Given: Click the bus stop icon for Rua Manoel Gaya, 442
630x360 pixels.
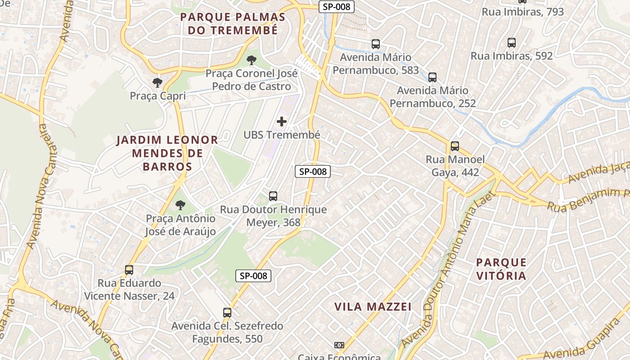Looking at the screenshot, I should pyautogui.click(x=455, y=146).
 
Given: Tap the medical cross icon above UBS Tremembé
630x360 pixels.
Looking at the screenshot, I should pyautogui.click(x=282, y=121).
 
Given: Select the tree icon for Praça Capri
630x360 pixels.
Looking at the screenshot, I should pyautogui.click(x=157, y=82).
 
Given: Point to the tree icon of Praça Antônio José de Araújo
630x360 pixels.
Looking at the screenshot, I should pyautogui.click(x=180, y=205).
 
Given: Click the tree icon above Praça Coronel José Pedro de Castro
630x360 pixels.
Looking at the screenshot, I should pyautogui.click(x=252, y=60).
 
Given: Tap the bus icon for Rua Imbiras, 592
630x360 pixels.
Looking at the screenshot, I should pyautogui.click(x=512, y=43).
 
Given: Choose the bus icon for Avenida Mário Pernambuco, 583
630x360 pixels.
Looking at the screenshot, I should pyautogui.click(x=376, y=44).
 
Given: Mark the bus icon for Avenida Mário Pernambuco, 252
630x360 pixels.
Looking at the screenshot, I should pyautogui.click(x=432, y=77).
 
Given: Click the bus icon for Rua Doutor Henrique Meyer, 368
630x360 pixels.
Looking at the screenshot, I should pyautogui.click(x=273, y=196).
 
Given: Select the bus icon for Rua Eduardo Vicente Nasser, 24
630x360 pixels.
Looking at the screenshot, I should pyautogui.click(x=129, y=270).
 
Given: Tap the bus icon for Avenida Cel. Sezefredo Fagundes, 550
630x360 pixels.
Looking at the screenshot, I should pyautogui.click(x=227, y=313).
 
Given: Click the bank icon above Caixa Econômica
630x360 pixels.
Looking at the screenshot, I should pyautogui.click(x=339, y=345).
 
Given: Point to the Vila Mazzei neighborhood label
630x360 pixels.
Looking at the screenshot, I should pyautogui.click(x=373, y=307).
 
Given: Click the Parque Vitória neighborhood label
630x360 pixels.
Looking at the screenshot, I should pyautogui.click(x=501, y=269).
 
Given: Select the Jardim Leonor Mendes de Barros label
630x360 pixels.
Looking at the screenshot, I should pyautogui.click(x=167, y=153).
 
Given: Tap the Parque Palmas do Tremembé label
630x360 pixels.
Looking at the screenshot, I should pyautogui.click(x=233, y=24).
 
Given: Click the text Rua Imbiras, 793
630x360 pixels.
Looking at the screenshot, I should pyautogui.click(x=522, y=12).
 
